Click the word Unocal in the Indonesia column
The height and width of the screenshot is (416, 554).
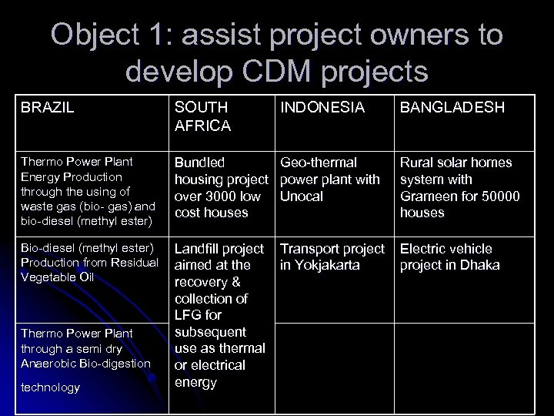click(302, 196)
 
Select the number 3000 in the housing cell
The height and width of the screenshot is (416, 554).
click(224, 196)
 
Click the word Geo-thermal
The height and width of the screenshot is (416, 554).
click(319, 163)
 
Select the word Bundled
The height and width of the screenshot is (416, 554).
click(200, 163)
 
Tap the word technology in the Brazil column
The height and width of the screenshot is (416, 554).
click(51, 387)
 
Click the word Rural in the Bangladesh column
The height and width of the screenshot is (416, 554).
click(416, 163)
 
